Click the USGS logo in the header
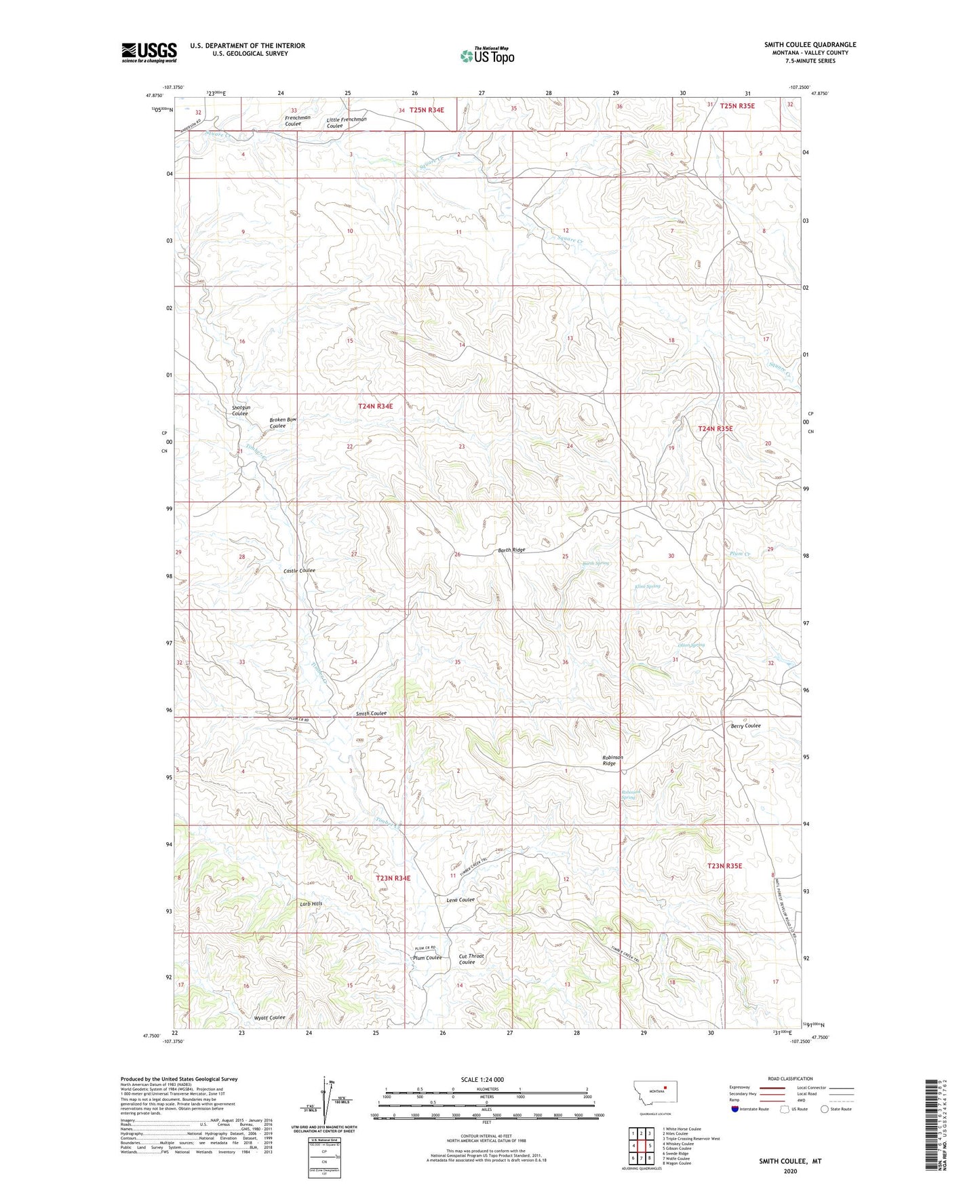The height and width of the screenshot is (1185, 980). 149,52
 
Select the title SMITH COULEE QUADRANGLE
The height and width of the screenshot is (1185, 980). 810,45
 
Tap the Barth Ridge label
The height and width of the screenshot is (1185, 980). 511,550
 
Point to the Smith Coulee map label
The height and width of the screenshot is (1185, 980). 371,713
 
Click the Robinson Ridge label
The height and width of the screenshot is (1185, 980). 612,760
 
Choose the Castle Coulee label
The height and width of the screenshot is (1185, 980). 299,571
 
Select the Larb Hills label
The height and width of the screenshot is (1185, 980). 311,904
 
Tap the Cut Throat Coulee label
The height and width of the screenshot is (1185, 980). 471,959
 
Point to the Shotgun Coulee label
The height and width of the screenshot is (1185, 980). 241,410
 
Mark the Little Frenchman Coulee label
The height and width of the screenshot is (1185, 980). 346,122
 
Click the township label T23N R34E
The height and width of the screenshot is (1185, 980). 393,878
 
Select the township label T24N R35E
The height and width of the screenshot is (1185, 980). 716,429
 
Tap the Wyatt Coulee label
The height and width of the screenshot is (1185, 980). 270,1017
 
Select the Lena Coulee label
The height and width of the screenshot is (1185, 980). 460,900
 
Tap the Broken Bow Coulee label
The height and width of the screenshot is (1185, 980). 282,422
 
